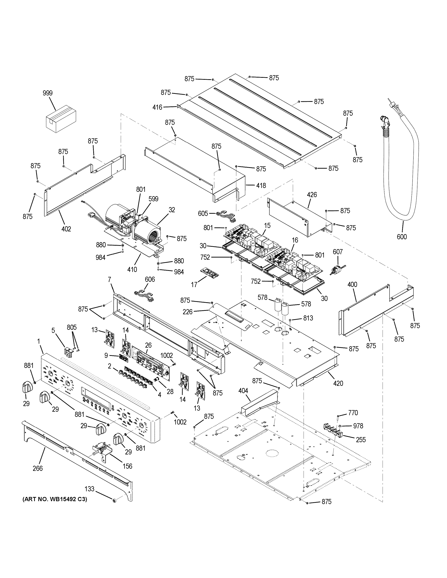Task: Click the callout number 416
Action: pos(157,107)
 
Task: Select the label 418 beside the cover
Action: pos(261,186)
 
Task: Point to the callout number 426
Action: pos(312,195)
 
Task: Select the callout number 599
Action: pos(153,199)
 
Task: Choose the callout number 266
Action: pos(38,468)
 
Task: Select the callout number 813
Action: pos(308,318)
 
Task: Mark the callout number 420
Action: pos(338,383)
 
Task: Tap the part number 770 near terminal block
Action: pos(353,413)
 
